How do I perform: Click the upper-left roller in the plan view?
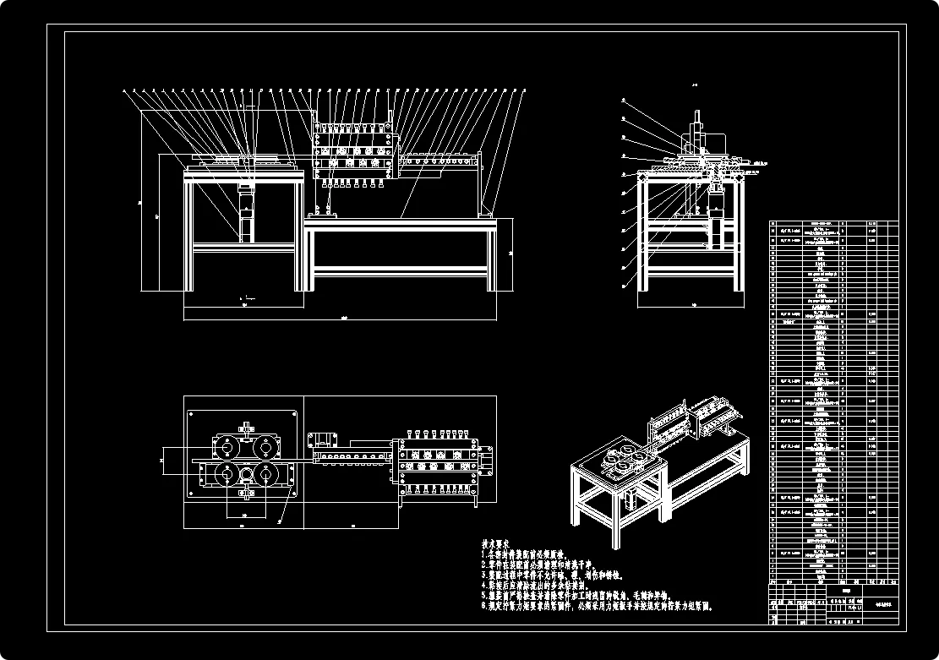pos(227,446)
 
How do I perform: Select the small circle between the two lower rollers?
pos(247,474)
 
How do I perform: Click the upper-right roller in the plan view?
pos(265,446)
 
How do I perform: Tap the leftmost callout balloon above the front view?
pos(124,90)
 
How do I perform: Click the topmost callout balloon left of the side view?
pos(624,100)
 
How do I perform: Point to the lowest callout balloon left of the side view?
pos(624,286)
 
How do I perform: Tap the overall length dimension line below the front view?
pos(341,320)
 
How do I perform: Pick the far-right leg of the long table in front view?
pos(492,258)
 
